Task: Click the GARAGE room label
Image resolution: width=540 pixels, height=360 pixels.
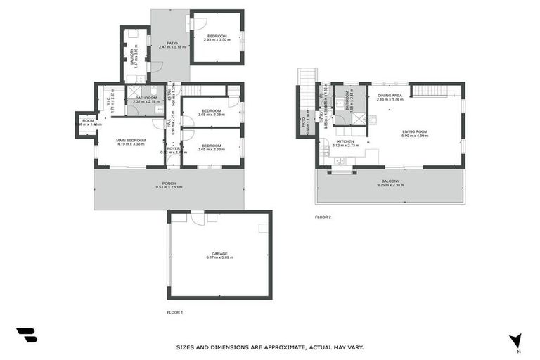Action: click(219, 253)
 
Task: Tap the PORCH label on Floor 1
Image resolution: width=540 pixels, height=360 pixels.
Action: click(169, 184)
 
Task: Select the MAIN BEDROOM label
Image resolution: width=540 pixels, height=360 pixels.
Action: click(131, 140)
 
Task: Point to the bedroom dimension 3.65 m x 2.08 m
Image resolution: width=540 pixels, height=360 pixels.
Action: click(211, 115)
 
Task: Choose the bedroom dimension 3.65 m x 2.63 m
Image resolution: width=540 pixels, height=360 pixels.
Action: click(211, 149)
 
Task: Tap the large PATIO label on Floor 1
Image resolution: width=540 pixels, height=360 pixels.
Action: click(172, 43)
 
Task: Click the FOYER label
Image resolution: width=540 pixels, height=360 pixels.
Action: click(173, 149)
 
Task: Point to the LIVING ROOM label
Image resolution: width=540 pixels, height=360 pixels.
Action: click(414, 131)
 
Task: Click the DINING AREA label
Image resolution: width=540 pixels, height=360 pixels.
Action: click(390, 96)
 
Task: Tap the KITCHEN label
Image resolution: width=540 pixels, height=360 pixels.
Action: click(345, 141)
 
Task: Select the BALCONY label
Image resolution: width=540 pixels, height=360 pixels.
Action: click(390, 180)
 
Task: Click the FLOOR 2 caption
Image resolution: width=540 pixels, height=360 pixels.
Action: click(323, 217)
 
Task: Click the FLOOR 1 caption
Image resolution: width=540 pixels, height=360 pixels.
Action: click(174, 311)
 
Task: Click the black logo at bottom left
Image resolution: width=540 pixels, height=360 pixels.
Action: click(26, 335)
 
